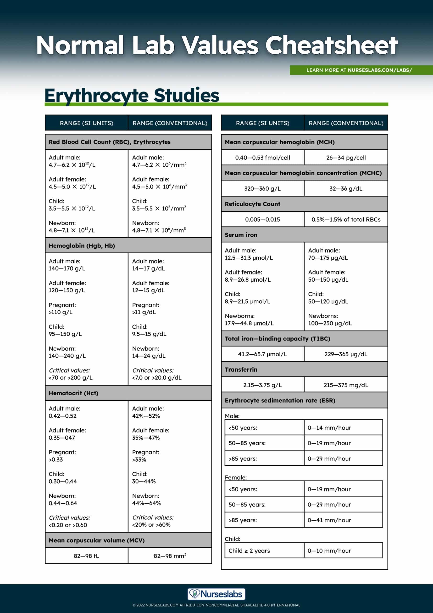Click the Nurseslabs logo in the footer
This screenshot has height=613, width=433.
[216, 594]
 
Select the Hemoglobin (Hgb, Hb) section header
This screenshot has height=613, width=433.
[82, 246]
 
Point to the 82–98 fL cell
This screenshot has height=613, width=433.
[86, 556]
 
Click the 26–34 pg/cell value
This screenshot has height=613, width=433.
[346, 158]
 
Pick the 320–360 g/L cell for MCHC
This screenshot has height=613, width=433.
[262, 189]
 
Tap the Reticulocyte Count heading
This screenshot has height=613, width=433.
[252, 204]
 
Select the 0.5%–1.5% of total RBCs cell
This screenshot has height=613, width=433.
[346, 220]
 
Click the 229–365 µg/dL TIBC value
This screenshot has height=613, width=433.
[346, 354]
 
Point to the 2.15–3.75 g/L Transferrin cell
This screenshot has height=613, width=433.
[262, 385]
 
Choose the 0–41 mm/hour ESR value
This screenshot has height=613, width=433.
[329, 520]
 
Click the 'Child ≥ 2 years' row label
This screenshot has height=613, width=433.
[249, 551]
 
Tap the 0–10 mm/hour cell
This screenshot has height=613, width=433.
[329, 551]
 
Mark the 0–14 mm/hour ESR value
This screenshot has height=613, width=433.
[329, 428]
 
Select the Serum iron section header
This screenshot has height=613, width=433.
[241, 235]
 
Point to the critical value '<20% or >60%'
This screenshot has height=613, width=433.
[151, 525]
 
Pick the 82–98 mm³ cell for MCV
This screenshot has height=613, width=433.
[170, 556]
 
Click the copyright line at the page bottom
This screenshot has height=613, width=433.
[216, 605]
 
